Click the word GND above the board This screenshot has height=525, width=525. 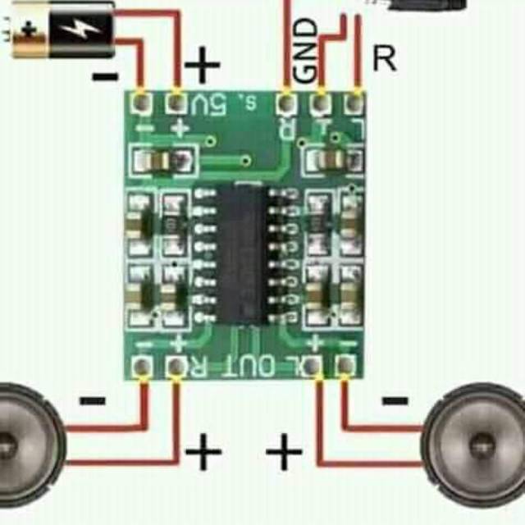tap(306, 51)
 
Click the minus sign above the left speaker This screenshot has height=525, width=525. tap(92, 401)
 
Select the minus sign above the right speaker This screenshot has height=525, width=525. tap(395, 401)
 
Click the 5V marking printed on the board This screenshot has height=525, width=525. tap(208, 104)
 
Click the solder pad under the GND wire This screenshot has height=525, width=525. tap(321, 103)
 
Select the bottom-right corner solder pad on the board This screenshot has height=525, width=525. tap(347, 366)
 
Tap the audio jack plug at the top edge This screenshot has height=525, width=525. tap(418, 4)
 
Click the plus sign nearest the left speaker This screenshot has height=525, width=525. tap(203, 452)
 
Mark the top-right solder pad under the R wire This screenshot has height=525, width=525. tap(354, 103)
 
